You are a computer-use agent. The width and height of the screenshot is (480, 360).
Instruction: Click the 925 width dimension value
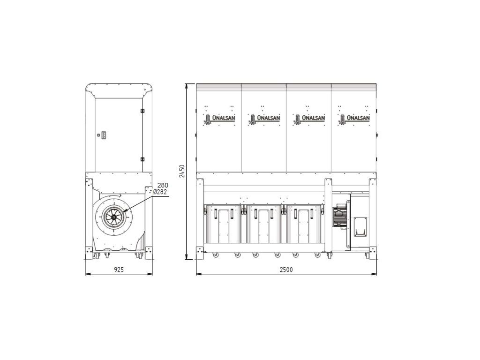pos(119,270)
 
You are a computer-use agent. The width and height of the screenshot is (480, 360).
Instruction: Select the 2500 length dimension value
pos(286,270)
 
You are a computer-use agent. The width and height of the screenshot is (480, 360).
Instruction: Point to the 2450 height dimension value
pos(182,171)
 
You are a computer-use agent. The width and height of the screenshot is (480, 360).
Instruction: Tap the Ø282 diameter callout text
pos(160,192)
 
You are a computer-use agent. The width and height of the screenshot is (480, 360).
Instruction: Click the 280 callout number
pos(163,185)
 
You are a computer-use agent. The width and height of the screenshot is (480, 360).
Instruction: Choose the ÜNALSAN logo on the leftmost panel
pos(219,119)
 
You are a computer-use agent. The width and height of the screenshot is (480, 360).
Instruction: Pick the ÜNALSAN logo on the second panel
pos(264,119)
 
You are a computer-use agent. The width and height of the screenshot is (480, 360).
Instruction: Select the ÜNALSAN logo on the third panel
pos(309,119)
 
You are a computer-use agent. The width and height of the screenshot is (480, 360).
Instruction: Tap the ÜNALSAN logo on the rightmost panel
pos(354,119)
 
